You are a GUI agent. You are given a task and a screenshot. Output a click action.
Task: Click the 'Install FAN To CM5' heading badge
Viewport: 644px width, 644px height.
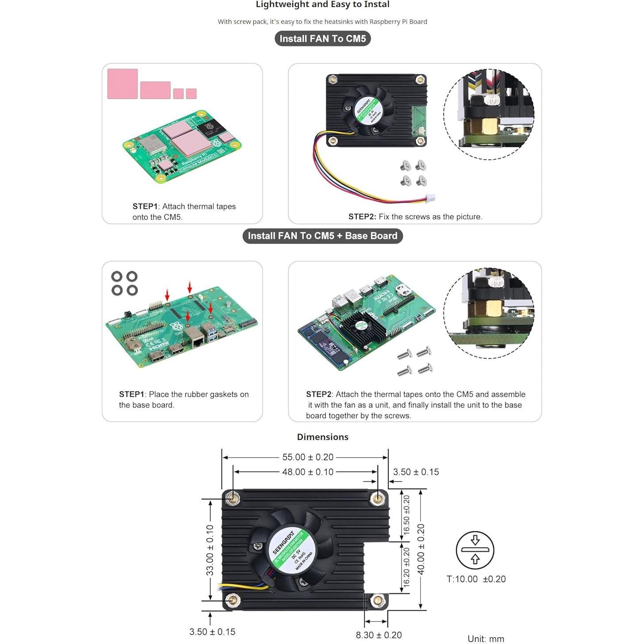coord(322,38)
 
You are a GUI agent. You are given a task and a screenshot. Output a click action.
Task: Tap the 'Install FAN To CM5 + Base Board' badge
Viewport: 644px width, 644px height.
coord(322,236)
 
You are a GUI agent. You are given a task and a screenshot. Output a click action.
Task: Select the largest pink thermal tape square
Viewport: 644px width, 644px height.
coord(123,84)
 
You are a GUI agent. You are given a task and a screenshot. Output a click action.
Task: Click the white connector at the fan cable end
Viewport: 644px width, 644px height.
coord(430,198)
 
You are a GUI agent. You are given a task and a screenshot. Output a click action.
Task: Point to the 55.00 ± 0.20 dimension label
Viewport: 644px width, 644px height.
coord(308,457)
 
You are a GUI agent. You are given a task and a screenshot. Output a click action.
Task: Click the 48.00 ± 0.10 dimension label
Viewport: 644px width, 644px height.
coord(308,472)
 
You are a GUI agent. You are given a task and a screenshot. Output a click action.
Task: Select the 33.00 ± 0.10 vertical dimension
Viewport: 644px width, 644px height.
coord(210,550)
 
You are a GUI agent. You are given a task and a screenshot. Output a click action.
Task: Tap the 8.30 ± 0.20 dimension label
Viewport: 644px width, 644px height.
coord(379,635)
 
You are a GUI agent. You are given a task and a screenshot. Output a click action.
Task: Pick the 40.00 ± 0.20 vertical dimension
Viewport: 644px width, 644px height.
coord(421,549)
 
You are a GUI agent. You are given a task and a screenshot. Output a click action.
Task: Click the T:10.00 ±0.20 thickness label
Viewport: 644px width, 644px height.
coord(476,579)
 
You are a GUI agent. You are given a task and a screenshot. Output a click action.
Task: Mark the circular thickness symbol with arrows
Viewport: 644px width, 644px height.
coord(475,550)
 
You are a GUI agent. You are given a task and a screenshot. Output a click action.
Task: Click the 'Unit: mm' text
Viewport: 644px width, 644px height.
coord(486,638)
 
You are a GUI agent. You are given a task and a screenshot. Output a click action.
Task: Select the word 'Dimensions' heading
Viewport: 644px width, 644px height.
coord(322,437)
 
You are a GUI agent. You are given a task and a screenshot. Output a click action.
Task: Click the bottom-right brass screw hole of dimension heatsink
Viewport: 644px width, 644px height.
coord(377,601)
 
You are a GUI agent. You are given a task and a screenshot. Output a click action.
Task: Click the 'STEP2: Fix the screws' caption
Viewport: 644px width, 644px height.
coord(415,217)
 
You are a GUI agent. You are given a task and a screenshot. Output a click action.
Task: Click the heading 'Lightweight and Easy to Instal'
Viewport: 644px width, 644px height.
coord(322,5)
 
